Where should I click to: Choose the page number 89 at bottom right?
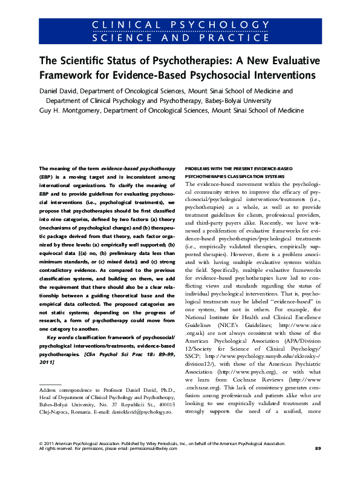(318, 464)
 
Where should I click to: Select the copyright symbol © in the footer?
(41, 460)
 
